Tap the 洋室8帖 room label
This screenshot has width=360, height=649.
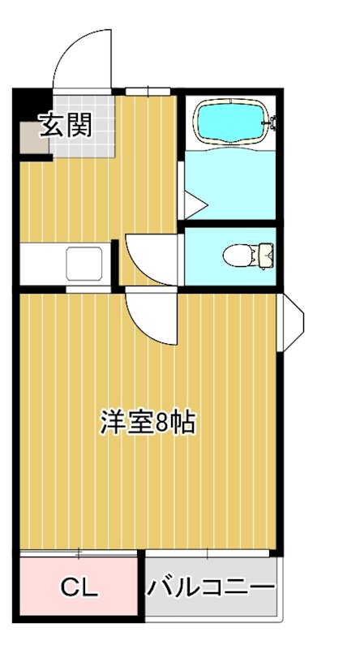coord(148,423)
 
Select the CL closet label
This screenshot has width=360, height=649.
coord(79,588)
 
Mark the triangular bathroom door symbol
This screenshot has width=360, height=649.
coord(194,204)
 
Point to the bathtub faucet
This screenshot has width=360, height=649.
coord(272,123)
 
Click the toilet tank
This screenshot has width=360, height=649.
coord(265,255)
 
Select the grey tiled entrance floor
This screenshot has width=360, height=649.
coord(89,142)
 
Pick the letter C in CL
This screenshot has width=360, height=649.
coord(71,588)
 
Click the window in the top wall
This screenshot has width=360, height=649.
coord(150,90)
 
